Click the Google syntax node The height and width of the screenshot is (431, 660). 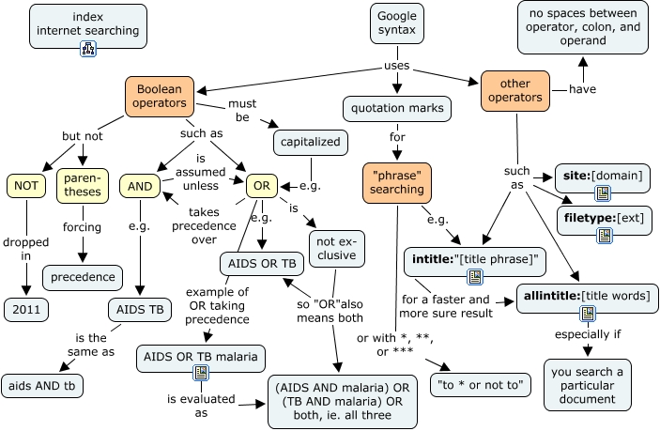coord(397,23)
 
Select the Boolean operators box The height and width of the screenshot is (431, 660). coord(160,97)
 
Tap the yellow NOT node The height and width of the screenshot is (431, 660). coord(26,186)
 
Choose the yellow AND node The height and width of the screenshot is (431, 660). coord(140,186)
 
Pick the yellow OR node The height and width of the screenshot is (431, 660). coord(262,186)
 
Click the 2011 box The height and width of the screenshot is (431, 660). coord(26,310)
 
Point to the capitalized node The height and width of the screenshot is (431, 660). coord(311,143)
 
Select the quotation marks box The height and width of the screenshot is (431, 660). coord(397,109)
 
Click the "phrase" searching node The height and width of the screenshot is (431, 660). coord(397,183)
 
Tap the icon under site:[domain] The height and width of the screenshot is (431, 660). coord(603,193)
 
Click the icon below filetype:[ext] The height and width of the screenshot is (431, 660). coord(605,236)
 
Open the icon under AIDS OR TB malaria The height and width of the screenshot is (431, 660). coord(201,373)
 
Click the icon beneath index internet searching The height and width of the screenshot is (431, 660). coord(88,49)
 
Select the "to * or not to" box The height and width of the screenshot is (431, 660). coord(481,385)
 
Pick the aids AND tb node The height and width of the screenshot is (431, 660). coord(42,386)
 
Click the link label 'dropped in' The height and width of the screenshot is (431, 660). coord(26,249)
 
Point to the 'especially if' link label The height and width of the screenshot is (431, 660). coord(588,334)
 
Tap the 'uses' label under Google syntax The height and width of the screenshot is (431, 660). coord(396,66)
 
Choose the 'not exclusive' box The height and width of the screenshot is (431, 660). coord(337,249)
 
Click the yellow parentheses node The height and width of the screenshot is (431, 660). coord(83,186)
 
